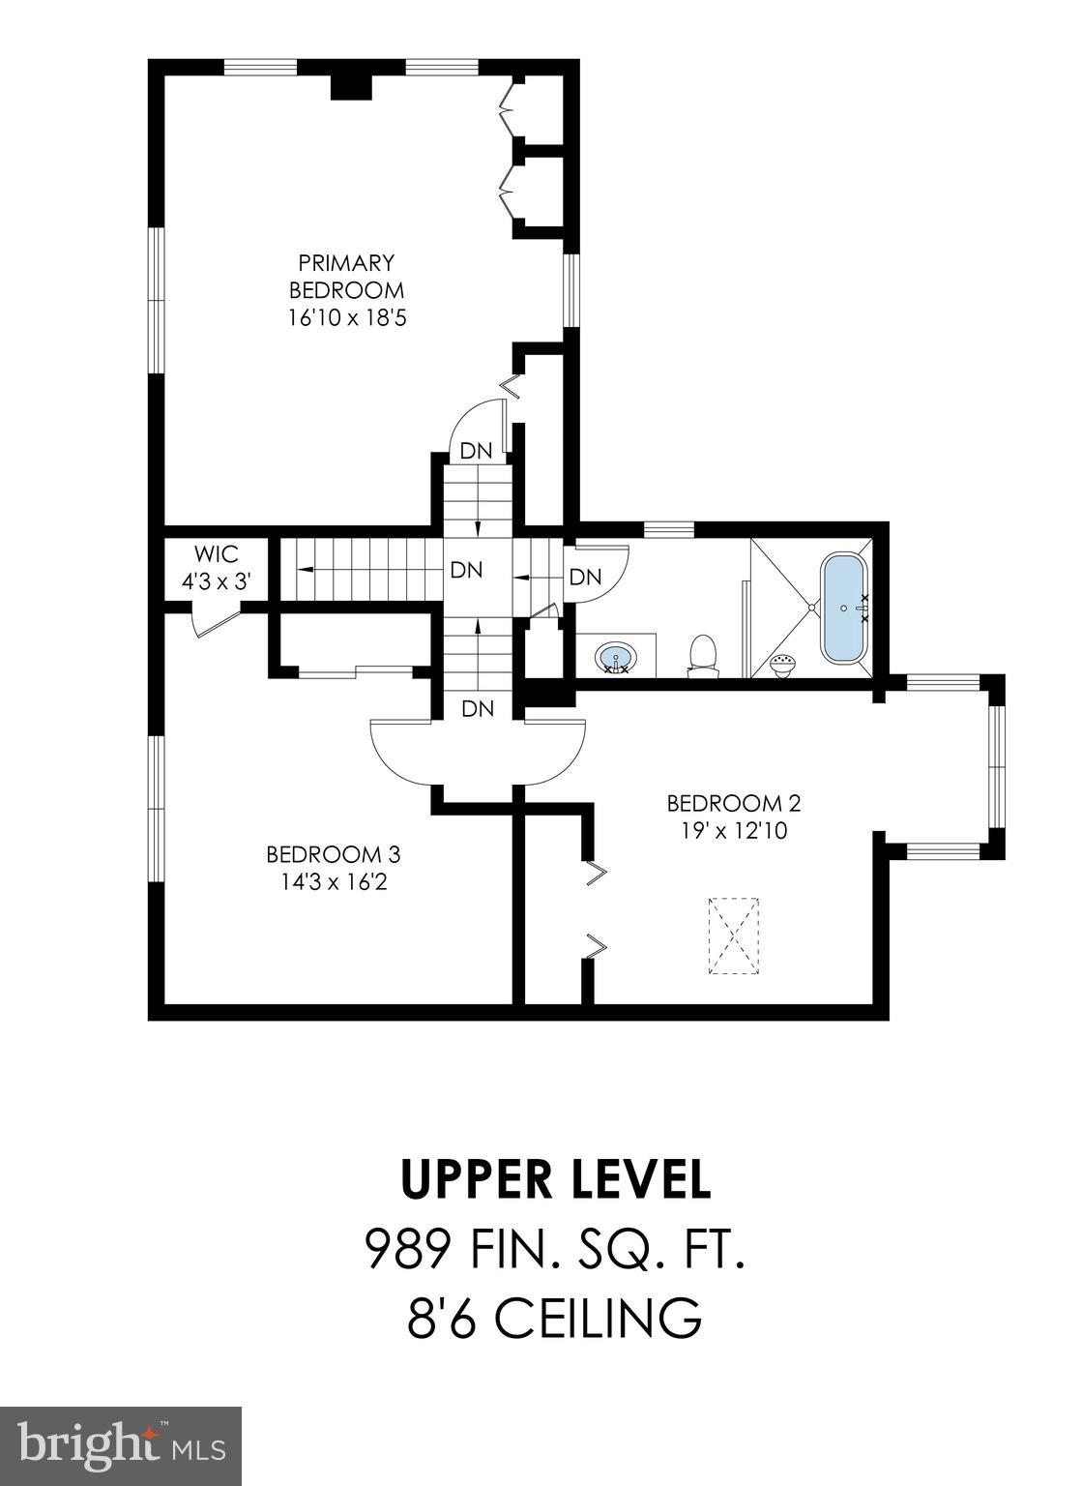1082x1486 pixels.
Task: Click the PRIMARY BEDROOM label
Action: coord(346,276)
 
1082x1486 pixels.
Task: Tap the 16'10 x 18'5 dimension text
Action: coord(346,316)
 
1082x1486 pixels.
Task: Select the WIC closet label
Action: coord(217,555)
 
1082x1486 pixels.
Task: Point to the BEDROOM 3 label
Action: coord(333,854)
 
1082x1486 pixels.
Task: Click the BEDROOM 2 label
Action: coord(734,803)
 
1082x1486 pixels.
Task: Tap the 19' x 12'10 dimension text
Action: coord(734,830)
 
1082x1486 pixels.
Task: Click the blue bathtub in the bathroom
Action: coord(844,609)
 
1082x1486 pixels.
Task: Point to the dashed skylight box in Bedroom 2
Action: coord(737,936)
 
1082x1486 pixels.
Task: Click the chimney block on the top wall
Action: coord(351,85)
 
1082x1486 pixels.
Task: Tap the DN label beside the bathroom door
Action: coord(585,578)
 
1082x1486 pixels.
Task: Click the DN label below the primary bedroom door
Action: coord(476,451)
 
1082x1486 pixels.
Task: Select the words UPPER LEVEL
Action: coord(556,1179)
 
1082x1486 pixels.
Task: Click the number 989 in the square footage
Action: coord(407,1249)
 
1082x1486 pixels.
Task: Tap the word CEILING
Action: coord(600,1318)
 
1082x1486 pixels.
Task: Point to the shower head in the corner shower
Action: coord(783,664)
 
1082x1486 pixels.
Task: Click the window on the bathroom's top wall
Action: coord(668,528)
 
